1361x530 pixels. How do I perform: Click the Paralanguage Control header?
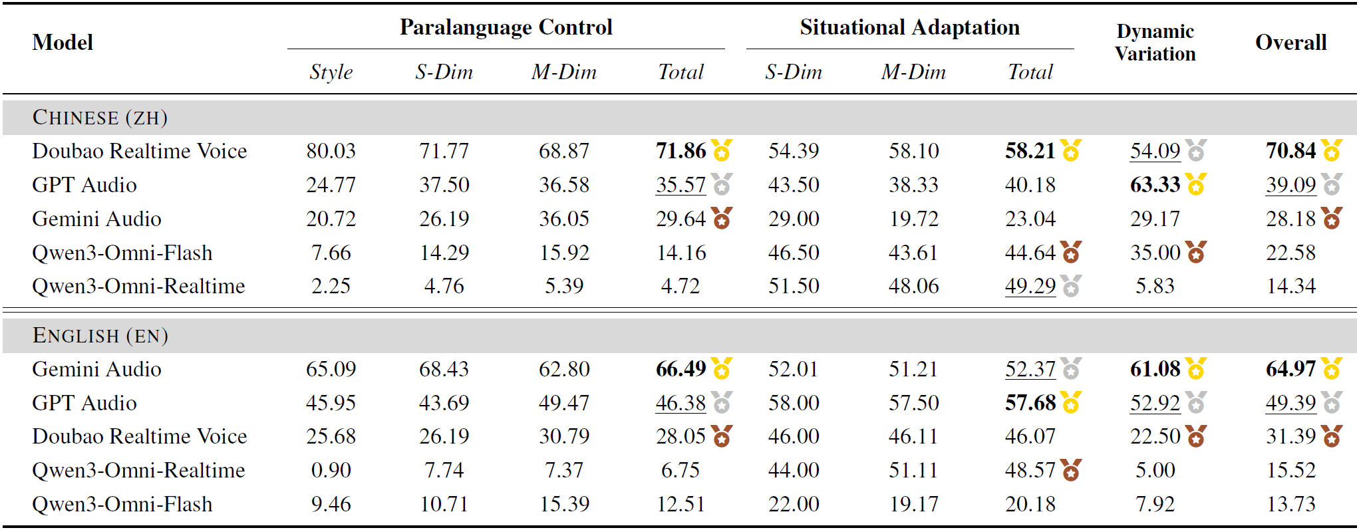coord(506,27)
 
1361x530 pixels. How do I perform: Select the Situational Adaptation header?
coord(909,27)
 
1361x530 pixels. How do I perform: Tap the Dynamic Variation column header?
coord(1155,42)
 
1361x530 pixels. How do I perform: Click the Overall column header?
coord(1290,43)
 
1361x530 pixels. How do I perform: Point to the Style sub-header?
coord(331,72)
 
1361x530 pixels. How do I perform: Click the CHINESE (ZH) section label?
coord(100,118)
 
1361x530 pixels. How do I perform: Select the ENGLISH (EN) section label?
coord(100,335)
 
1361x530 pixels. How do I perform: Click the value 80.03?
coord(331,151)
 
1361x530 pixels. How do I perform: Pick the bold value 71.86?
coord(680,151)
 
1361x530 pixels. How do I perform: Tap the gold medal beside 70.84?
coord(1331,151)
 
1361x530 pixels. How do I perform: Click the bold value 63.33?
coord(1155,185)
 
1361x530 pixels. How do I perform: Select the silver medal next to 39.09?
coord(1331,184)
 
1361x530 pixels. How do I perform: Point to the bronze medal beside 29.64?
coord(722,218)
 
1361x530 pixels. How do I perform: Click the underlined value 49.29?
coord(1030,286)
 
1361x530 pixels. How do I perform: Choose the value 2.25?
coord(331,286)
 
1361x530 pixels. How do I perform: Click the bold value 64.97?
coord(1290,369)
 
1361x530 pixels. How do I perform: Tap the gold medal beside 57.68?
coord(1070,402)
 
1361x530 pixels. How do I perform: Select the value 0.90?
coord(331,470)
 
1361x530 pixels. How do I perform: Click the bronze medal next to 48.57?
coord(1070,470)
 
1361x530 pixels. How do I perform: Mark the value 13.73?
coord(1290,504)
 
